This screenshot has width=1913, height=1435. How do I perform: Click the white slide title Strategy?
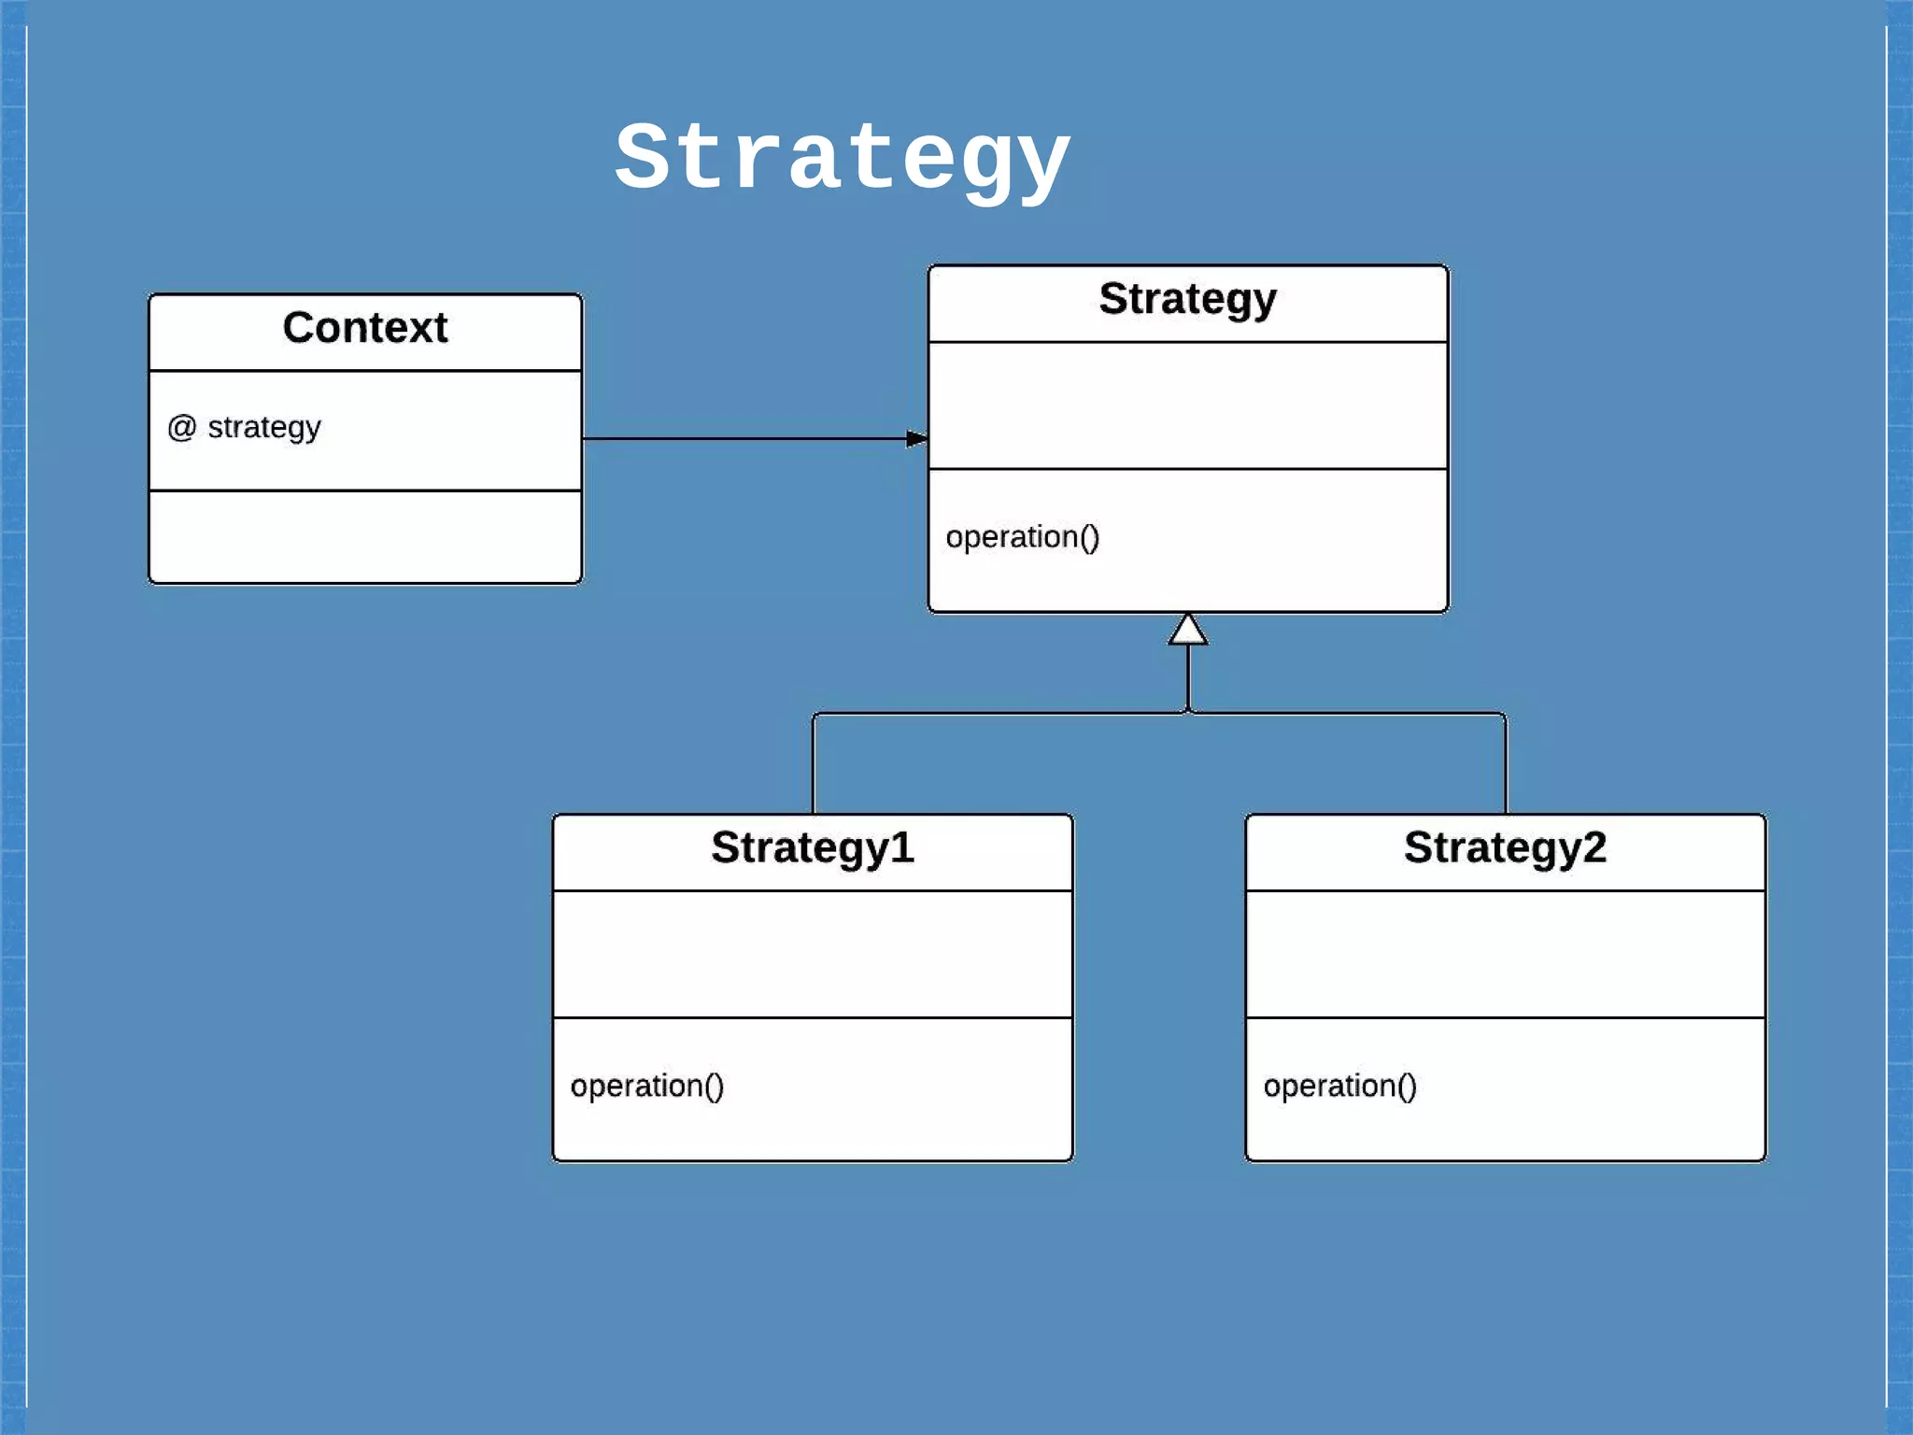[842, 159]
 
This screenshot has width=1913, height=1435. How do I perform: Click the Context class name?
[365, 328]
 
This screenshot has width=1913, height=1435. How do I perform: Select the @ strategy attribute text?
[245, 427]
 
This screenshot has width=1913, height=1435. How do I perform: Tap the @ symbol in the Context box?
[181, 428]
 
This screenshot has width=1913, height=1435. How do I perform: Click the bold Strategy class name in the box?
[1187, 299]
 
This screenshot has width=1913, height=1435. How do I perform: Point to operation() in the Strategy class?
[1022, 537]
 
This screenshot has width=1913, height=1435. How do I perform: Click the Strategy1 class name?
[812, 848]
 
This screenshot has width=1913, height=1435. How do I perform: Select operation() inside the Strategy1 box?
[646, 1086]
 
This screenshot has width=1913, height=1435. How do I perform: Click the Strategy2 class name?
[1504, 848]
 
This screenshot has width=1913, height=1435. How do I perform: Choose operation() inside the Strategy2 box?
[1339, 1086]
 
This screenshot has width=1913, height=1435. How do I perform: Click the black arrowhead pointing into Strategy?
[916, 438]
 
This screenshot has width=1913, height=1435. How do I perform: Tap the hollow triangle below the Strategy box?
[1188, 631]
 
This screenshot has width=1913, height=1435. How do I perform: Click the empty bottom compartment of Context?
[365, 536]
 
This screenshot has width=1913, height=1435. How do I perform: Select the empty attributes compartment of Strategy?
[1187, 405]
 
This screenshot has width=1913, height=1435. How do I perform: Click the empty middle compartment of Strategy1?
[812, 954]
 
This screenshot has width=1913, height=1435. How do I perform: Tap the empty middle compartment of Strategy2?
[1505, 954]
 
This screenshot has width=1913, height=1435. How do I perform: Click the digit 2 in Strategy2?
[1594, 848]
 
